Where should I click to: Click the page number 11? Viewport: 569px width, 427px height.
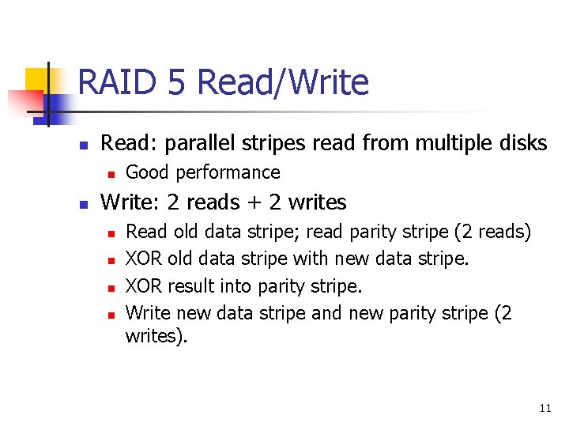tap(545, 409)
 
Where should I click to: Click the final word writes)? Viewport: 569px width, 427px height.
tap(156, 336)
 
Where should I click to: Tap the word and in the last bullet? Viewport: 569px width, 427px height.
tap(326, 313)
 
